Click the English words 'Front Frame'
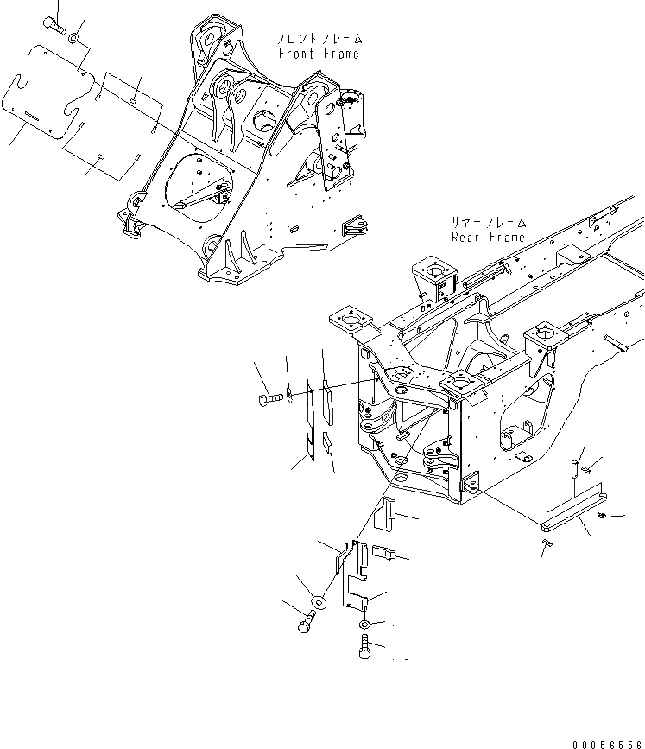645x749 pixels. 318,54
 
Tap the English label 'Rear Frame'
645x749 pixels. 488,237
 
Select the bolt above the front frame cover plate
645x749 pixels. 57,26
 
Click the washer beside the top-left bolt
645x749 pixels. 74,39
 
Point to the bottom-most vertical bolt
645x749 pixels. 364,644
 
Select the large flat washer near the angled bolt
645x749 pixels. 319,601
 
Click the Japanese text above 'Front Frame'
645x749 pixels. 318,39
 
